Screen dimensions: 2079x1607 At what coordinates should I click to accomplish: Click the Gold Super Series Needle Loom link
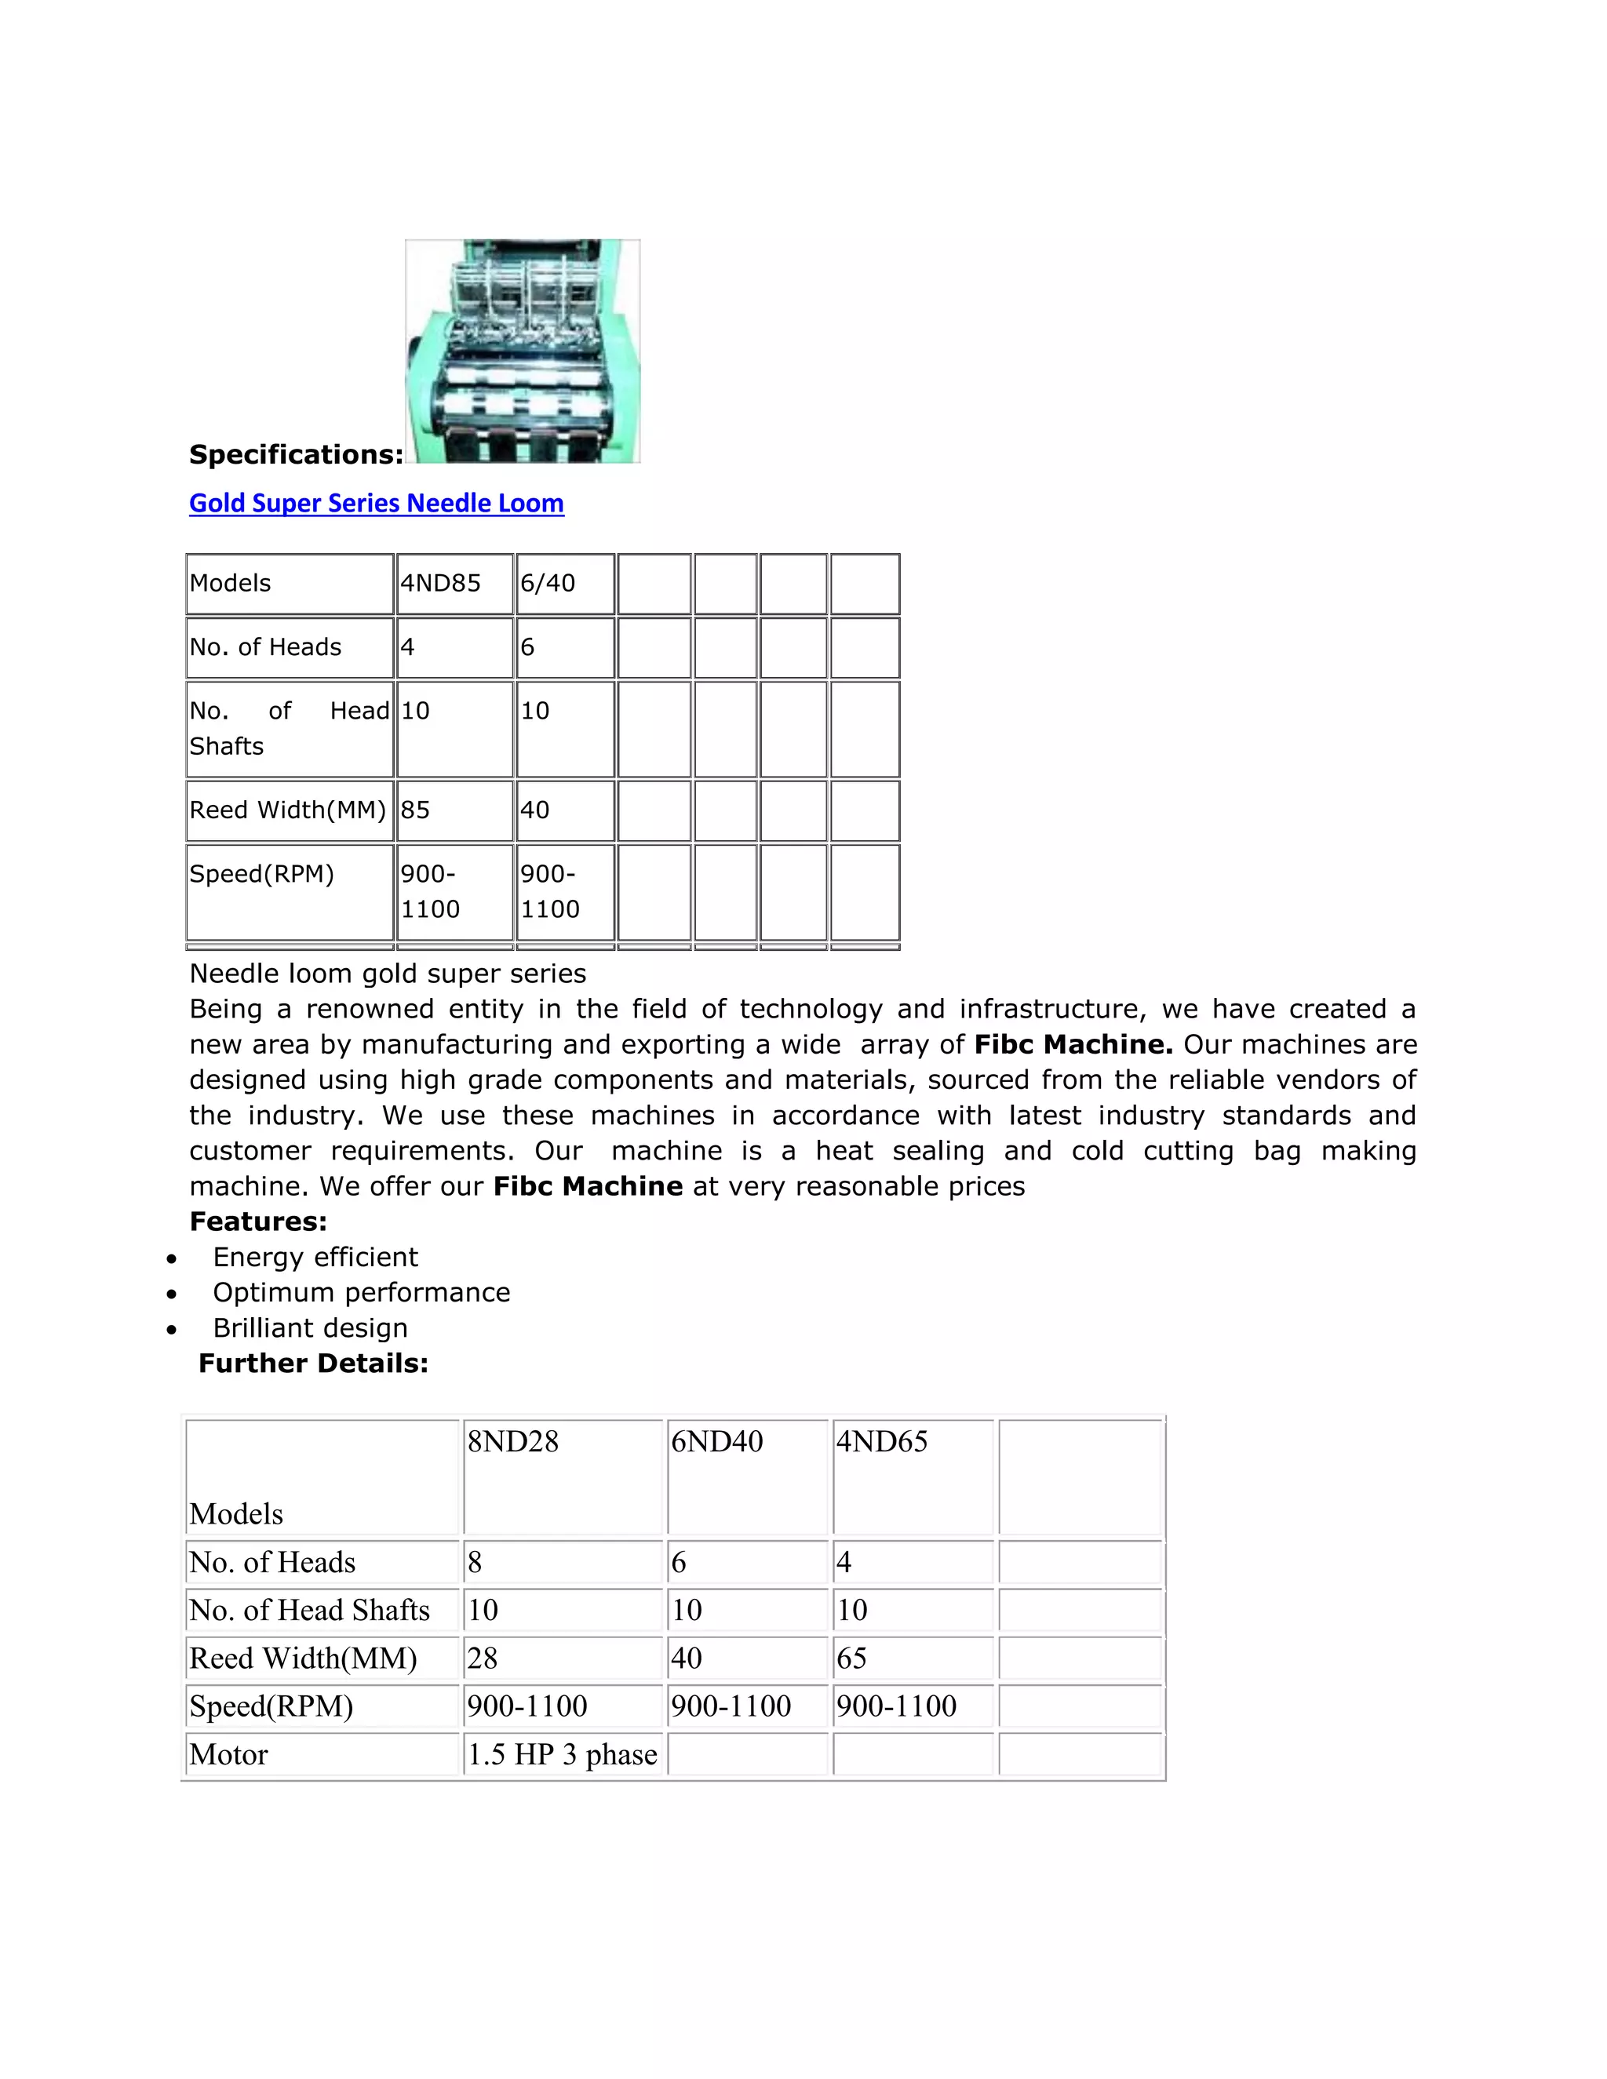point(376,503)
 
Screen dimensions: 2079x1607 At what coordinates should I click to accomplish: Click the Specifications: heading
point(296,454)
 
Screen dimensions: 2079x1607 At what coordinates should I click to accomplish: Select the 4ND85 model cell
point(441,583)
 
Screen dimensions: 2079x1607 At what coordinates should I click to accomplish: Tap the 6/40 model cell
point(548,583)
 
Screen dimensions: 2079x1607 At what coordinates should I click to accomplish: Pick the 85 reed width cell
point(416,810)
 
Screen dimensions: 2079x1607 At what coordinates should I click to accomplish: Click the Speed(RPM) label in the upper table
point(262,874)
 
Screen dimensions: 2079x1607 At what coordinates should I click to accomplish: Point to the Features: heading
point(258,1222)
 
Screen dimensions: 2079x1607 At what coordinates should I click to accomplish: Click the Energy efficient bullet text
point(315,1257)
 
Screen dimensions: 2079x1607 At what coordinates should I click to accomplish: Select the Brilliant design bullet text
point(311,1328)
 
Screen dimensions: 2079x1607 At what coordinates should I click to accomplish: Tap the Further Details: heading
point(313,1364)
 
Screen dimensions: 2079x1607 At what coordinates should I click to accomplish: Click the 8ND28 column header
point(513,1441)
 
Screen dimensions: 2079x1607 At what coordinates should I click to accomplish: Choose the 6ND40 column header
point(717,1441)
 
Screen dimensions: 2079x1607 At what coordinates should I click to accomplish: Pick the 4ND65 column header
point(881,1441)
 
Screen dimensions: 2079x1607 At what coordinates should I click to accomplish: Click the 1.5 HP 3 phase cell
point(562,1754)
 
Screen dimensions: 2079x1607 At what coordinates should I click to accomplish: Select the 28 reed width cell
point(483,1658)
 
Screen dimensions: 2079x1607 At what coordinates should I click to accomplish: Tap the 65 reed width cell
point(852,1658)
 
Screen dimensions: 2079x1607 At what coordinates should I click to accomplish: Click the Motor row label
point(229,1754)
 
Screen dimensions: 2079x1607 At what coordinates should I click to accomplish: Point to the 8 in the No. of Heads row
point(475,1562)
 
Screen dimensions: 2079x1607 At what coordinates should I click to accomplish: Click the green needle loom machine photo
point(523,351)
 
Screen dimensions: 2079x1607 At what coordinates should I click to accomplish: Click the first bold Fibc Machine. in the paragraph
point(1073,1044)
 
